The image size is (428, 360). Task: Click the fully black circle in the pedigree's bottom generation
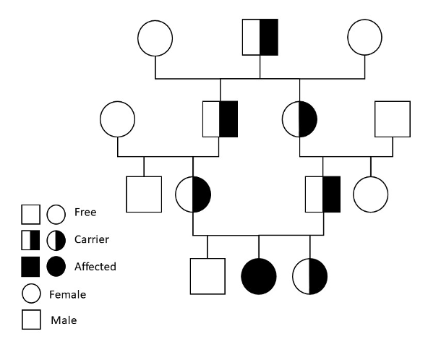[259, 276]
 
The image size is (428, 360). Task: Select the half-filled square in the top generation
[260, 36]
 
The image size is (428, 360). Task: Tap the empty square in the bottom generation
[207, 276]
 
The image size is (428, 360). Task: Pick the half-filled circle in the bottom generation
[310, 276]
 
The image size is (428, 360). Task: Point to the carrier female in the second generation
[299, 119]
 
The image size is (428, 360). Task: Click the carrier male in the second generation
[220, 119]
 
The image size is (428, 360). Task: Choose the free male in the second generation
[393, 119]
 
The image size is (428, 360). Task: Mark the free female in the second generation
[118, 119]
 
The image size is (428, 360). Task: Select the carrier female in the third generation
[193, 194]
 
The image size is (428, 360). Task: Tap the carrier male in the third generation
[322, 194]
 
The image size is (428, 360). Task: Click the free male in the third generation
[144, 194]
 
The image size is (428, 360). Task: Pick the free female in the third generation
[370, 194]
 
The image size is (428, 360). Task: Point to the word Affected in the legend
[95, 266]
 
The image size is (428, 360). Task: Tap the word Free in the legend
[85, 213]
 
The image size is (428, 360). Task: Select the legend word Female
[67, 294]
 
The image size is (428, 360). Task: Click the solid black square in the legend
[30, 267]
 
